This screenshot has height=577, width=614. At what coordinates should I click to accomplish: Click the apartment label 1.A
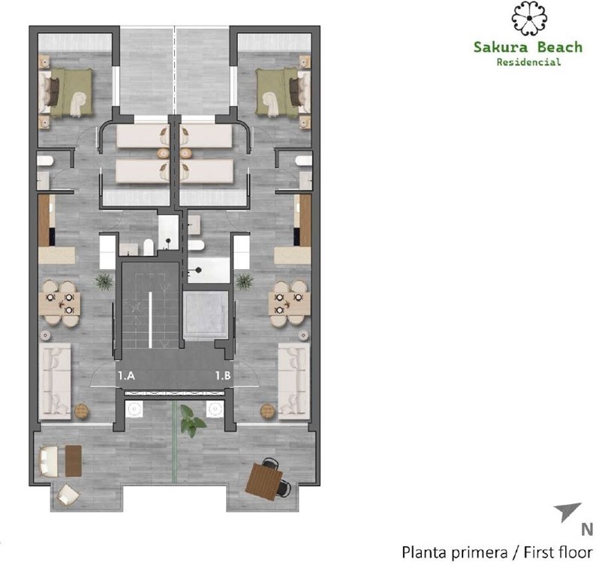click(x=126, y=374)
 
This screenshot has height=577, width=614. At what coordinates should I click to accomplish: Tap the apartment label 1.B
click(x=222, y=374)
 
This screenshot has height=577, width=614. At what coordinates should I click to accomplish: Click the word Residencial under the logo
click(x=528, y=62)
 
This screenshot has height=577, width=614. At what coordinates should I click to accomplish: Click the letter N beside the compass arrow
click(x=587, y=529)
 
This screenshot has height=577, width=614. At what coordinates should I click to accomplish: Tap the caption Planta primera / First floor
click(x=497, y=553)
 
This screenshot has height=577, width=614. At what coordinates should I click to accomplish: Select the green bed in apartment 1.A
click(x=66, y=92)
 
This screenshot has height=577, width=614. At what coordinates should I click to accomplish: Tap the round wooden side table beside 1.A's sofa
click(x=82, y=411)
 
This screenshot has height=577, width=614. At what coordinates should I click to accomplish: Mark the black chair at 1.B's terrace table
click(x=284, y=486)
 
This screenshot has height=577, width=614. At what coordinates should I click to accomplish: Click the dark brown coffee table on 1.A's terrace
click(x=73, y=461)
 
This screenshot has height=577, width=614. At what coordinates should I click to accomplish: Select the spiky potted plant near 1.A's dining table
click(x=104, y=281)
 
